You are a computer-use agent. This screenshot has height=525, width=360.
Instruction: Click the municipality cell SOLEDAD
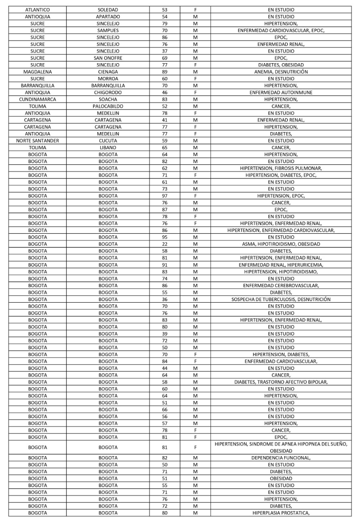[108, 9]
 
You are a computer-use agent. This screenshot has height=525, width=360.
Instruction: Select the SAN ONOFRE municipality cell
[108, 58]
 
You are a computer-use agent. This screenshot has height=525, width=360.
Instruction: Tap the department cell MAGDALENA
[37, 72]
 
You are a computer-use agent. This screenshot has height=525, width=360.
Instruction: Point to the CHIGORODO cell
[108, 92]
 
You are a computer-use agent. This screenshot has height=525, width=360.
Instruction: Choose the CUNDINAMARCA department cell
[37, 99]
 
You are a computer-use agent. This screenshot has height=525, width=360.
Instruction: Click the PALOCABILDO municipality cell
[108, 106]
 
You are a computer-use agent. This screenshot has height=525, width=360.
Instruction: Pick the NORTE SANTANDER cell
[37, 141]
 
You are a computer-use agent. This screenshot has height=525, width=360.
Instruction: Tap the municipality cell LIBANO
[108, 148]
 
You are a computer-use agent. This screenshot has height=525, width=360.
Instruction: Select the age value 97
[164, 196]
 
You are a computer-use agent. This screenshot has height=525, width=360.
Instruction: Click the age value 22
[164, 244]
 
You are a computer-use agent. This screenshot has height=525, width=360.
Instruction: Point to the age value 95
[164, 237]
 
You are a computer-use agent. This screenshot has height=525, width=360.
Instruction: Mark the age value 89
[164, 72]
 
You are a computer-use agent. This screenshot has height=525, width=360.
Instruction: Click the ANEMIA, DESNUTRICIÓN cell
[281, 72]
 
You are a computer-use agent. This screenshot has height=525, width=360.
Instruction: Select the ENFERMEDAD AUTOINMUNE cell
[281, 92]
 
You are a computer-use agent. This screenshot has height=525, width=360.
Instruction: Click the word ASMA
[249, 244]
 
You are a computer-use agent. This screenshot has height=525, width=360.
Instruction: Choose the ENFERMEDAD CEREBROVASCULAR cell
[281, 285]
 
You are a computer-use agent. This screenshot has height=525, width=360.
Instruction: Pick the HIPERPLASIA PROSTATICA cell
[281, 513]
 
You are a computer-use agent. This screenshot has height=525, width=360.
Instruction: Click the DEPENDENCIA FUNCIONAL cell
[281, 458]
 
